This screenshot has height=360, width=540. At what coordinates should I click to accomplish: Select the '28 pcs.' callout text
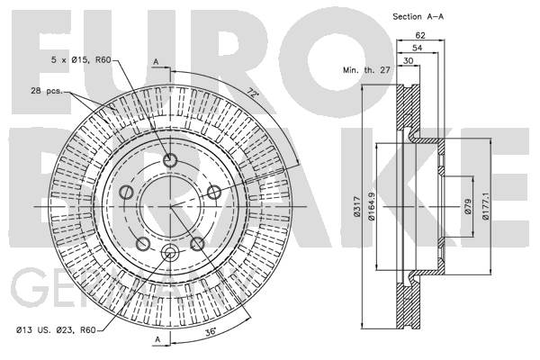click(x=45, y=91)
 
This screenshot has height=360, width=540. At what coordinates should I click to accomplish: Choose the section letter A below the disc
click(x=156, y=339)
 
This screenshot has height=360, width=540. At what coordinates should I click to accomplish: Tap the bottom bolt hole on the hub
click(x=170, y=252)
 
